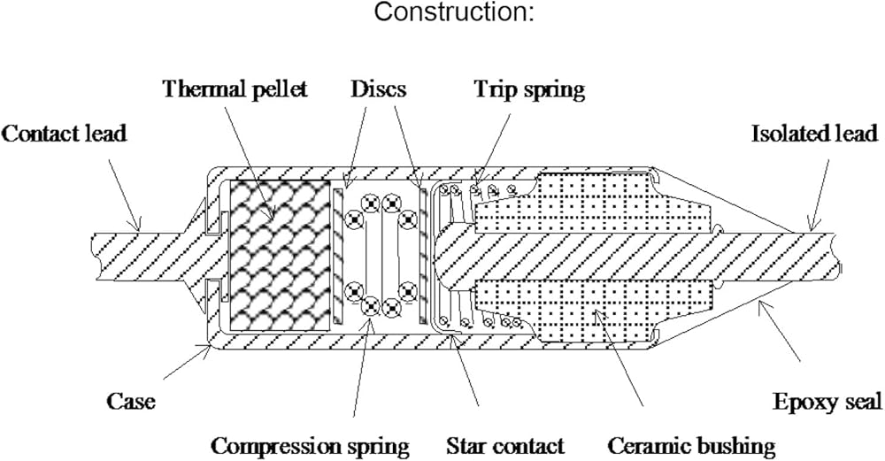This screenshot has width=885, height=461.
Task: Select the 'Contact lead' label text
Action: click(x=65, y=134)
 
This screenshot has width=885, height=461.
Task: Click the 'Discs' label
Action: click(x=377, y=89)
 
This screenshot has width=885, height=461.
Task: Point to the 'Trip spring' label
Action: click(x=530, y=89)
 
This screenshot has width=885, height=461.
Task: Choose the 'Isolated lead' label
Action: click(x=814, y=134)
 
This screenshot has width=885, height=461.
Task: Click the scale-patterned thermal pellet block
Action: click(x=281, y=257)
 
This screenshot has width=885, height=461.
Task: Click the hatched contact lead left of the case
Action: click(x=133, y=257)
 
